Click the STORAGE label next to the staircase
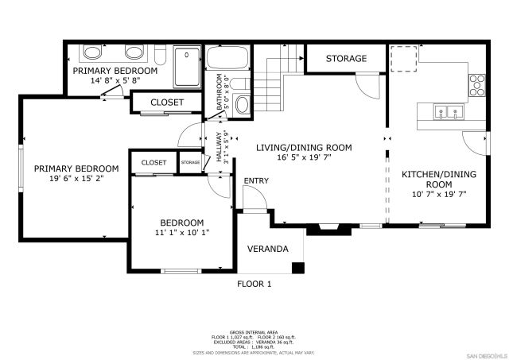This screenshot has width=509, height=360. coord(346,59)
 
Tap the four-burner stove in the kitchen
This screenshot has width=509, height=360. coord(477,83)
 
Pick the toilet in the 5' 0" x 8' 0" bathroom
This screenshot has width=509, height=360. coord(243,106)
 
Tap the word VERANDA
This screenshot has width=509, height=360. coord(268,249)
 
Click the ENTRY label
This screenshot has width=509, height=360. coord(256,181)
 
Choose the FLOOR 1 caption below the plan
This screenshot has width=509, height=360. coord(254,284)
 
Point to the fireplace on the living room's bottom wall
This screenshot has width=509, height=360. coord(325,229)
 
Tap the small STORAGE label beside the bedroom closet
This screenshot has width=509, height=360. coord(190,162)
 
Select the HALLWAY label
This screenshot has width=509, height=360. coord(215,148)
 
